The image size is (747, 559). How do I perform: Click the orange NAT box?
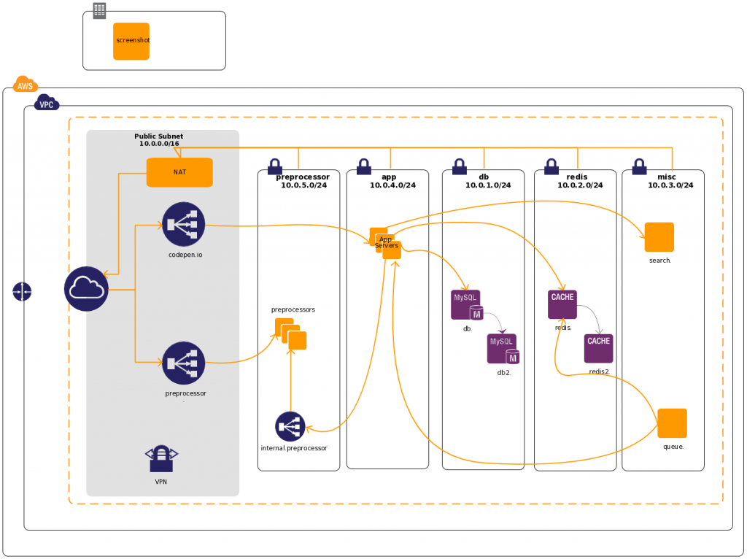tap(179, 172)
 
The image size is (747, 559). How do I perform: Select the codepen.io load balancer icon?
tap(184, 223)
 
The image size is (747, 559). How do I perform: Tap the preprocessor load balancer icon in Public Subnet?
tap(184, 363)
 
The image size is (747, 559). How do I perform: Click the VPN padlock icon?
tap(161, 458)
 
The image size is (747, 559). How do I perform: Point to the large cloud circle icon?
tap(86, 289)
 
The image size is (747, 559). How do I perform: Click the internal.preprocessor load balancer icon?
tap(290, 426)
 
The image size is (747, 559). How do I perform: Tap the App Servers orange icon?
tap(385, 243)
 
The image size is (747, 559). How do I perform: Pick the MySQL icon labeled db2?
tap(503, 349)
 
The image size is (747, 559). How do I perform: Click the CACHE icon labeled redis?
tap(562, 304)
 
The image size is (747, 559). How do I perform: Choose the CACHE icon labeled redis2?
tap(598, 348)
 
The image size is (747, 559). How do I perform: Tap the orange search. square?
tap(659, 237)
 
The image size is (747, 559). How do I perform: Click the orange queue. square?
tap(672, 423)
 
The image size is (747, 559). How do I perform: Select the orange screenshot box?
tap(131, 41)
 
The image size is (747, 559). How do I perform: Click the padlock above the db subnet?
tap(459, 167)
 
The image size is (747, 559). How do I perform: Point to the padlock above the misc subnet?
tap(640, 167)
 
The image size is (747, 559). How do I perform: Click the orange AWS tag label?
tap(25, 86)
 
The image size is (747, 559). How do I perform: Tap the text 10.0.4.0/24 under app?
tap(392, 185)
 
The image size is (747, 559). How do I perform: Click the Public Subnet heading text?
tap(158, 136)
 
